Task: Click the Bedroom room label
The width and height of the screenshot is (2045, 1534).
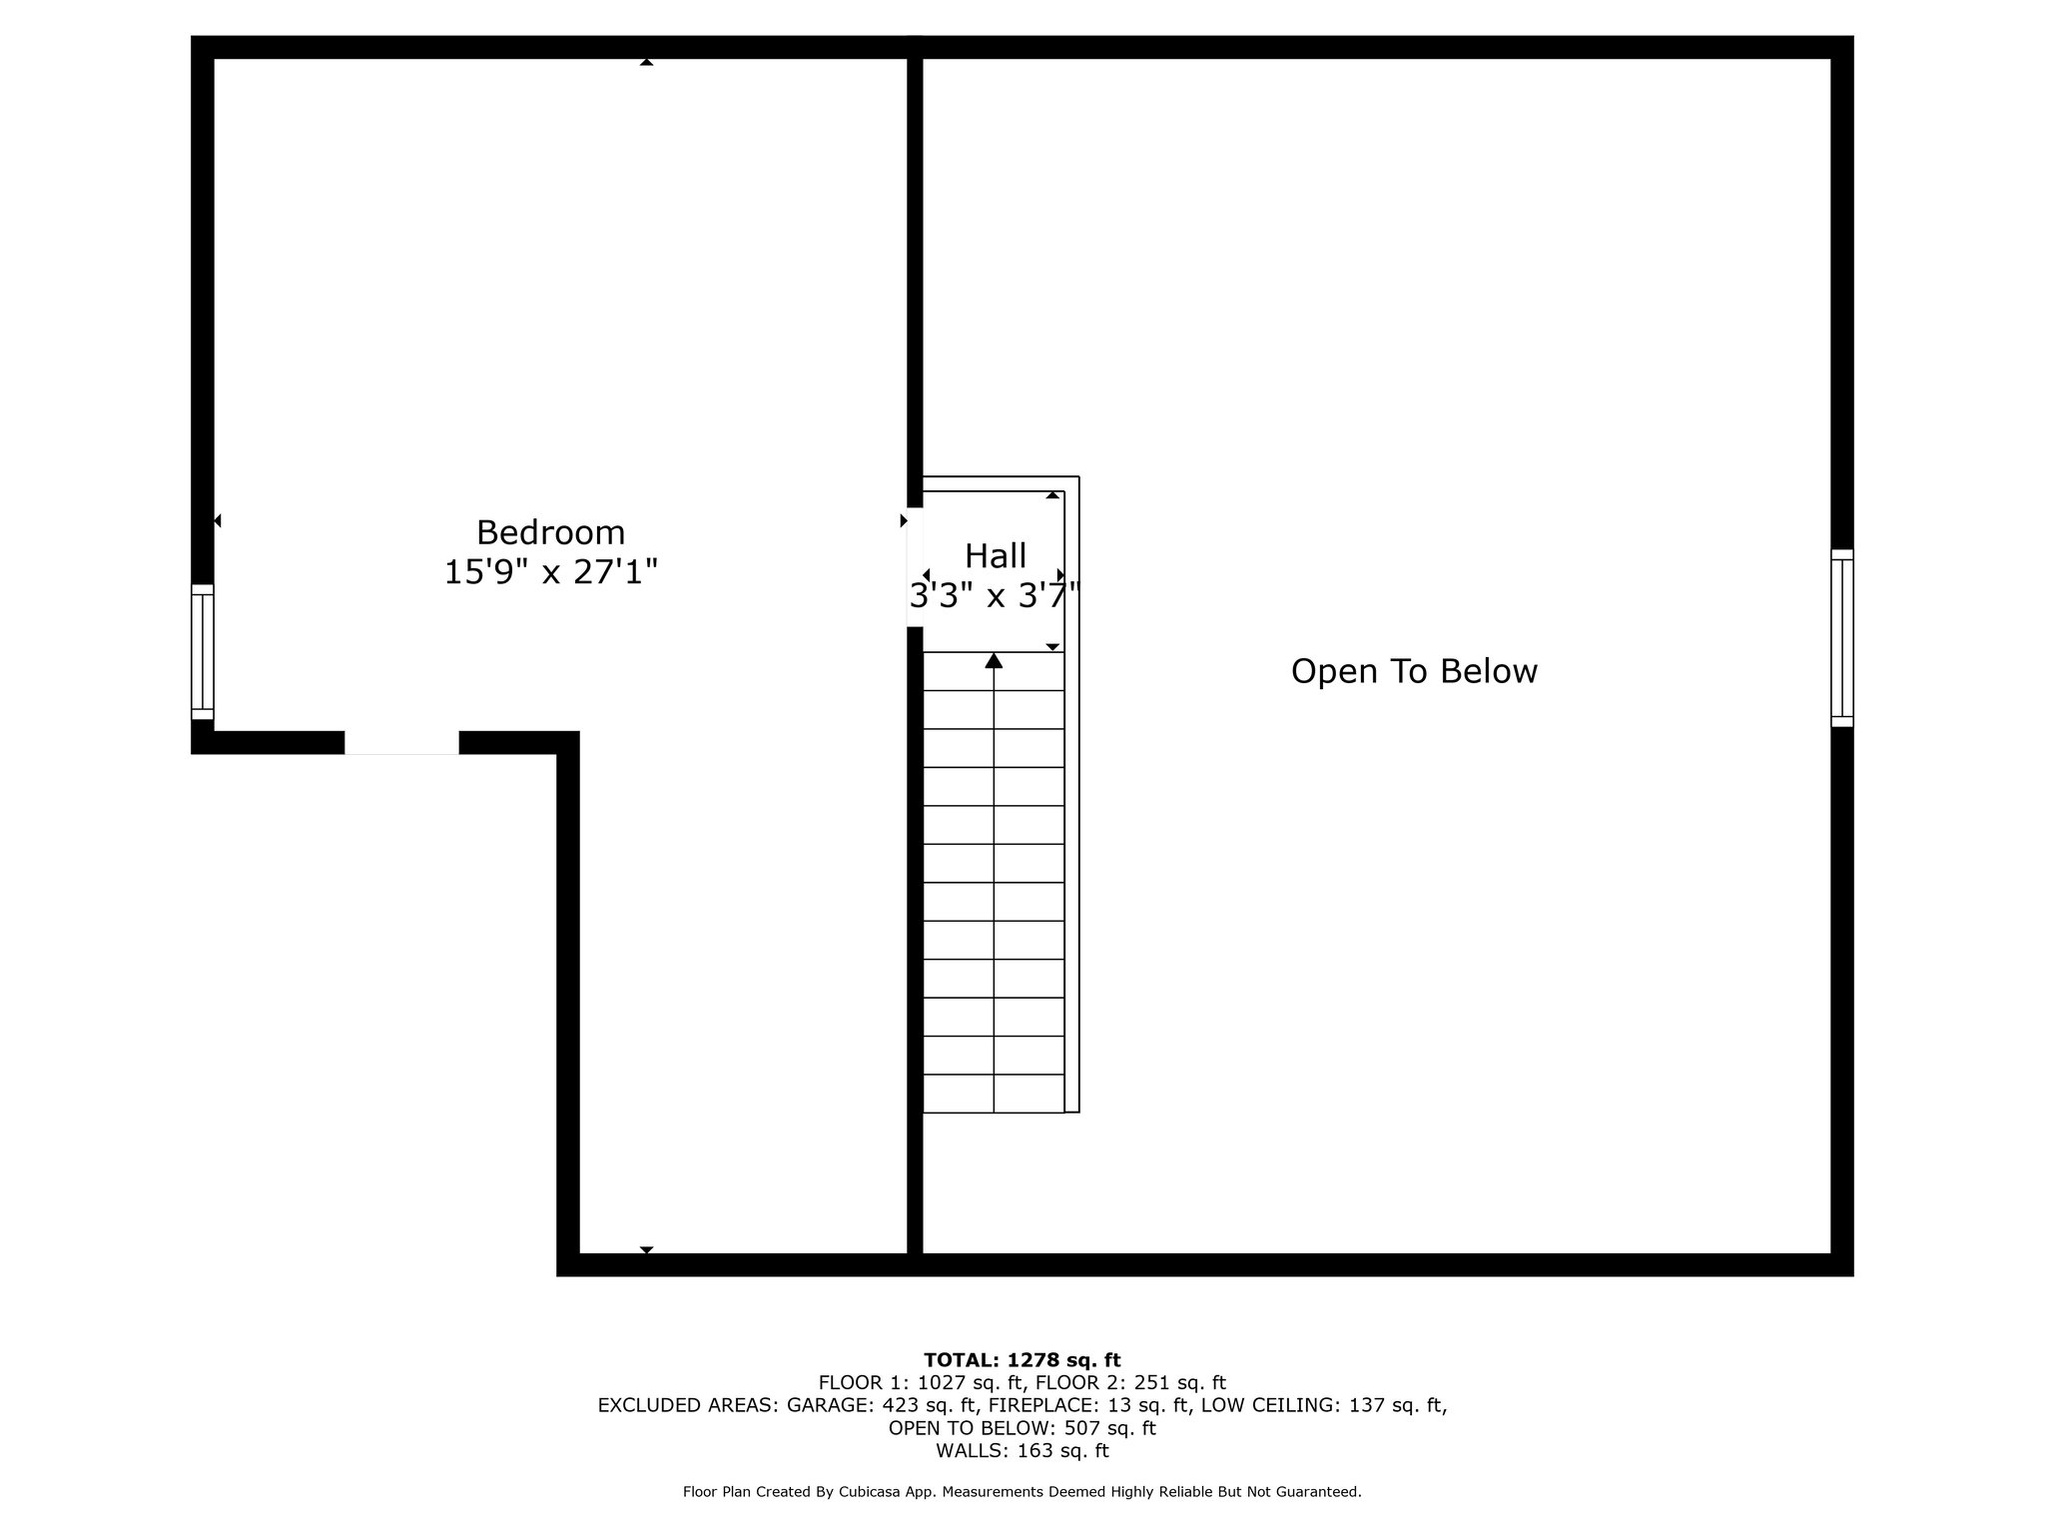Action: (x=550, y=532)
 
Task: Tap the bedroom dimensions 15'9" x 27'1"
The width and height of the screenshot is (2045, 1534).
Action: (x=550, y=572)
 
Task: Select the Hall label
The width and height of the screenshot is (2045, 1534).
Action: (x=996, y=555)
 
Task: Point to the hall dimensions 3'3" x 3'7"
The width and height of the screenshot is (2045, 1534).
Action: (x=996, y=596)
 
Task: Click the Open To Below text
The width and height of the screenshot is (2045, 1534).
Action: (x=1414, y=671)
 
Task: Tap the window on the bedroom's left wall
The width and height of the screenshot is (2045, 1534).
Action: (x=203, y=652)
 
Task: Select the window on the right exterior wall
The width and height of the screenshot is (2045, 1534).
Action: (x=1842, y=637)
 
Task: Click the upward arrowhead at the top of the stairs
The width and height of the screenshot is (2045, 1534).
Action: (x=994, y=660)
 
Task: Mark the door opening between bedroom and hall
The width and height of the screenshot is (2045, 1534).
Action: (x=915, y=567)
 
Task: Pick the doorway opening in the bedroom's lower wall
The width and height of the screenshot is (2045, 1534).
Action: (x=401, y=742)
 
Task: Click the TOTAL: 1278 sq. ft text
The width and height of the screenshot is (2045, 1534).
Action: (x=1022, y=1360)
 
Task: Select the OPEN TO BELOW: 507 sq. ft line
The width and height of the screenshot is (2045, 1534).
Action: (x=1022, y=1428)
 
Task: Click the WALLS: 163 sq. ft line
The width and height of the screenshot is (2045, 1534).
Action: (x=1022, y=1451)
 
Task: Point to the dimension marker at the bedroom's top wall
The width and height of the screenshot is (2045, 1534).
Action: (x=646, y=62)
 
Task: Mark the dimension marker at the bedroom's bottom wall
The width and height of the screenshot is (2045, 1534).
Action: (x=646, y=1249)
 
